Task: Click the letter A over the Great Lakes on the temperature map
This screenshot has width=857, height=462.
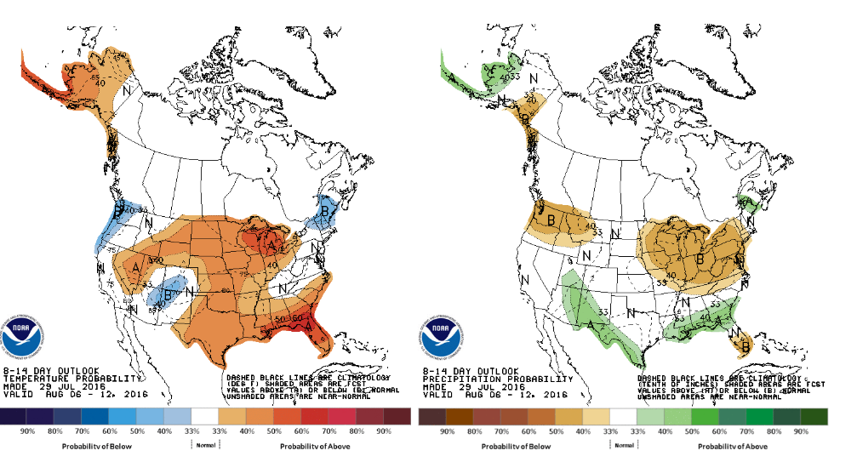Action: pyautogui.click(x=271, y=246)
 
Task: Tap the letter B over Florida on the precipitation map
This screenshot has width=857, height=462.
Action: pyautogui.click(x=746, y=345)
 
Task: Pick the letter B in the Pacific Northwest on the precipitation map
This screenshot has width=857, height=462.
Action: pyautogui.click(x=551, y=220)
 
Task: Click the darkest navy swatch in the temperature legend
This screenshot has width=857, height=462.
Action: pyautogui.click(x=15, y=416)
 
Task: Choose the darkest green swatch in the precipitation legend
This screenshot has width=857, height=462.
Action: pyautogui.click(x=814, y=416)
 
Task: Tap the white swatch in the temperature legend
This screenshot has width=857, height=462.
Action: pyautogui.click(x=204, y=416)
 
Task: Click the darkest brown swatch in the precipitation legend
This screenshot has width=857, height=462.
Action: pyautogui.click(x=433, y=416)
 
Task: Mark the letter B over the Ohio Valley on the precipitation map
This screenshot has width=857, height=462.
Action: pyautogui.click(x=700, y=257)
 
